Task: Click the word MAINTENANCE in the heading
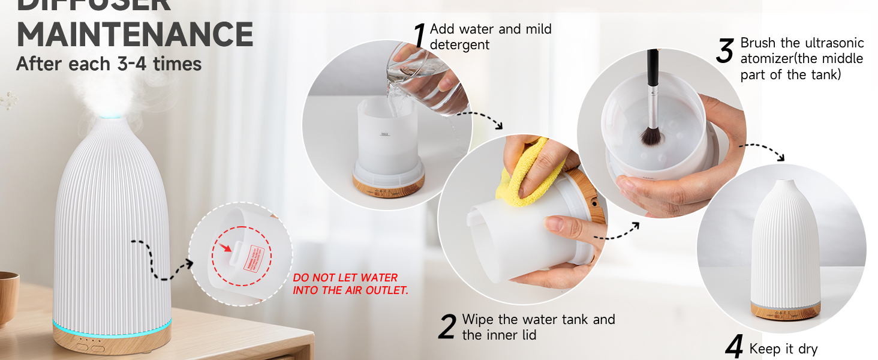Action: point(134,34)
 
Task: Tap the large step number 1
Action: point(420,37)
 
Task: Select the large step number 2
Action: point(447,327)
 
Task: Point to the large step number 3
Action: point(724,52)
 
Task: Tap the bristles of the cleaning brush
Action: point(651,135)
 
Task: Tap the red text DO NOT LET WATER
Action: point(345,278)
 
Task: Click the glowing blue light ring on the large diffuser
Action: point(112,329)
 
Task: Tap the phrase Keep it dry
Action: point(783,349)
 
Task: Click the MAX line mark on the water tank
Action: point(385,134)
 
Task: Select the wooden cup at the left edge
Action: point(7,297)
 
